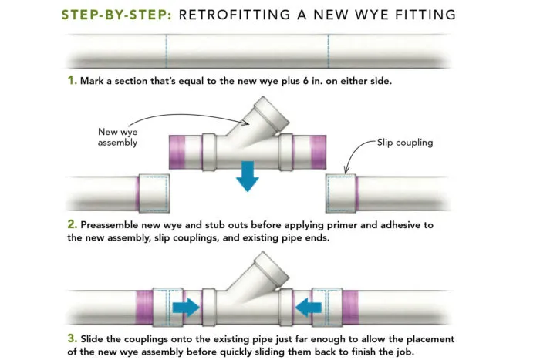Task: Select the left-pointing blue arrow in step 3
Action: [x=309, y=307]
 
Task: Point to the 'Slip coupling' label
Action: [x=405, y=143]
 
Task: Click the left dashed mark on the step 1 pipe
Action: [x=166, y=51]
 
